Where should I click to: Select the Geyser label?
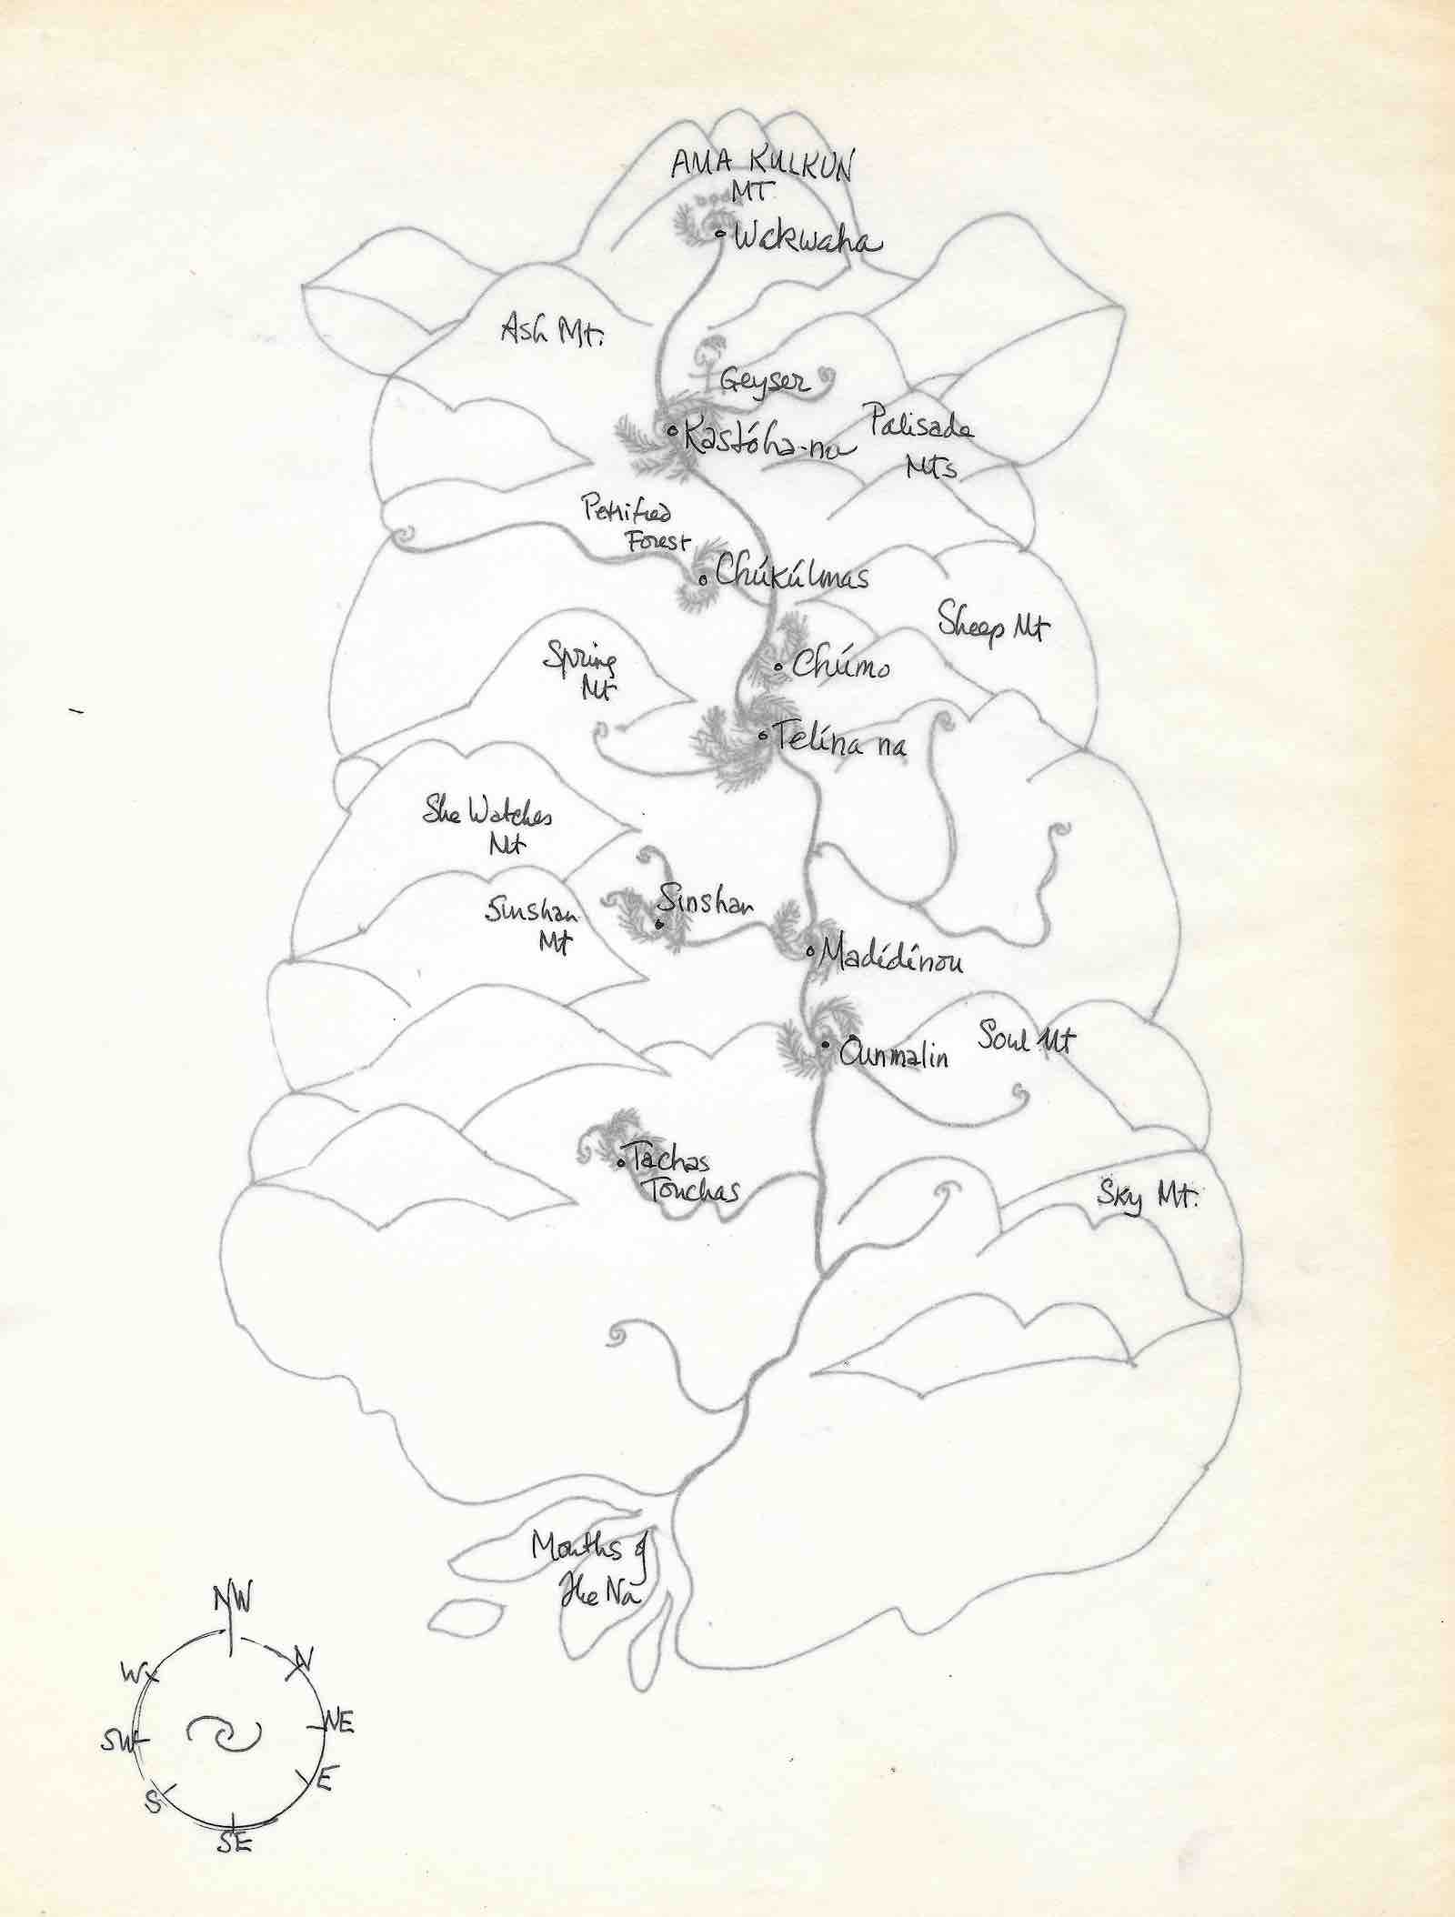pos(763,380)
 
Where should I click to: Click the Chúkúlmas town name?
pos(791,575)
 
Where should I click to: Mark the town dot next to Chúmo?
pos(779,668)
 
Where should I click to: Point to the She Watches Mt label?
pos(490,824)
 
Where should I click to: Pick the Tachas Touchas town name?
pos(686,1174)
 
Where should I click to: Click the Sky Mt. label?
pos(1145,1199)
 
